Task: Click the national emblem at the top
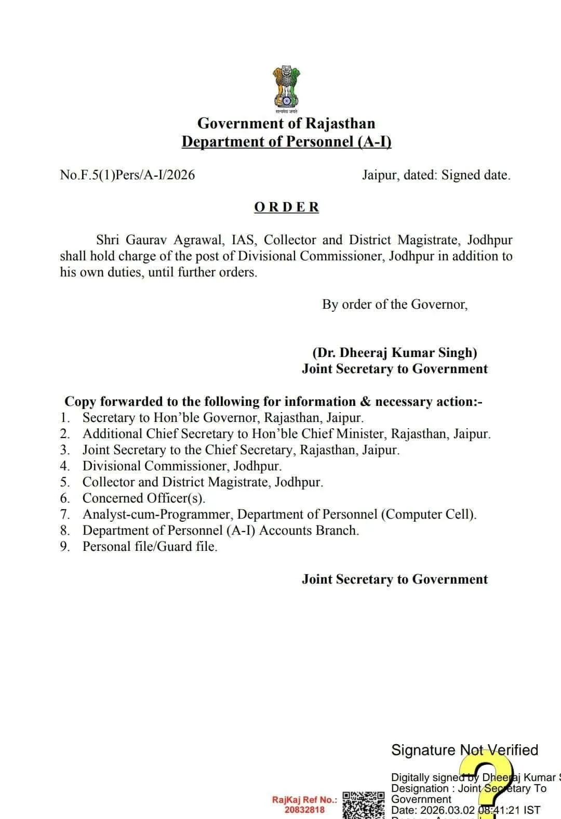pyautogui.click(x=286, y=88)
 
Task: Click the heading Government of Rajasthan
pyautogui.click(x=286, y=124)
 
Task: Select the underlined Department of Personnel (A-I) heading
pyautogui.click(x=286, y=142)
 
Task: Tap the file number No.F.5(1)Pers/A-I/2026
pyautogui.click(x=127, y=175)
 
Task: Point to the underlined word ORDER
pyautogui.click(x=286, y=207)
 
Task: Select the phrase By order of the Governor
pyautogui.click(x=395, y=305)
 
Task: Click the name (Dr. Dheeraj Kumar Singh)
pyautogui.click(x=395, y=353)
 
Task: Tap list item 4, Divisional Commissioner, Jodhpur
pyautogui.click(x=182, y=466)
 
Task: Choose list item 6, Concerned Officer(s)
pyautogui.click(x=144, y=498)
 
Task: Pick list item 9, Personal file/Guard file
pyautogui.click(x=150, y=547)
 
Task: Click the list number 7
pyautogui.click(x=64, y=514)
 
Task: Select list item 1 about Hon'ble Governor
pyautogui.click(x=223, y=418)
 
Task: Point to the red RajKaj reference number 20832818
pyautogui.click(x=304, y=810)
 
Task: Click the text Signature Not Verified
pyautogui.click(x=464, y=750)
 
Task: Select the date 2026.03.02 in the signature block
pyautogui.click(x=447, y=810)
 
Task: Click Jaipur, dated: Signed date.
pyautogui.click(x=436, y=175)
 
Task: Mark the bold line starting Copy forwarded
pyautogui.click(x=273, y=402)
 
